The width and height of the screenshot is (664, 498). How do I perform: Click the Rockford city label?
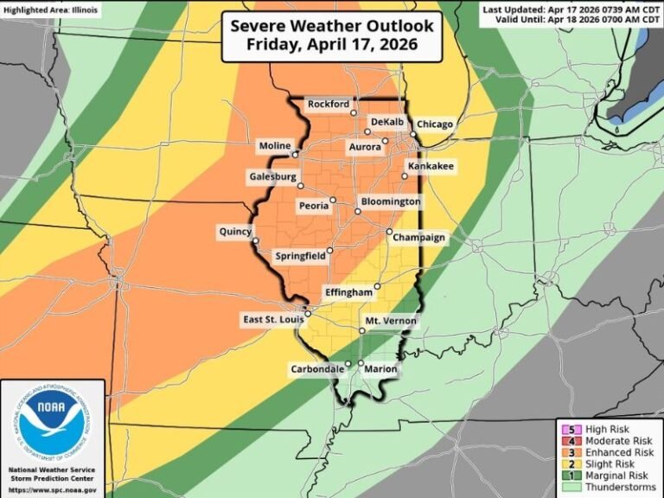(329, 105)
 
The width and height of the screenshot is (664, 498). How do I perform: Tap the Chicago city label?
(434, 124)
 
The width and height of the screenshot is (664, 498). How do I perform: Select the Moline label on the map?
(276, 146)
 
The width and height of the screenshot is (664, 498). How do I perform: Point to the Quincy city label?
(234, 231)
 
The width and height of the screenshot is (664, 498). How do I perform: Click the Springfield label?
(300, 257)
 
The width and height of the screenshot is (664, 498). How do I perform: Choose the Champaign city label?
(422, 238)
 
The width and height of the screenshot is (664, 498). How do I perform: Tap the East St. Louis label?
(271, 321)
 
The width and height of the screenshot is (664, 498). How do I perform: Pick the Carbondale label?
(316, 369)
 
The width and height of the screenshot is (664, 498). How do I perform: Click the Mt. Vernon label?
(391, 321)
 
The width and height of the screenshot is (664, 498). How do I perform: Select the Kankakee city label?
(431, 165)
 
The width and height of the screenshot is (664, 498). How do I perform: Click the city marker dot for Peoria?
(333, 200)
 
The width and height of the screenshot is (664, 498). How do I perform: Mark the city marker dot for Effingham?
(377, 285)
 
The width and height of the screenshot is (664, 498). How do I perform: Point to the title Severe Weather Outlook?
(332, 26)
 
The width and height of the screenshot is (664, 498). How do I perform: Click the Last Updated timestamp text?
(570, 8)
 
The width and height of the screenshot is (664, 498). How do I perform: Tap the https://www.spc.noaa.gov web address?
(53, 490)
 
